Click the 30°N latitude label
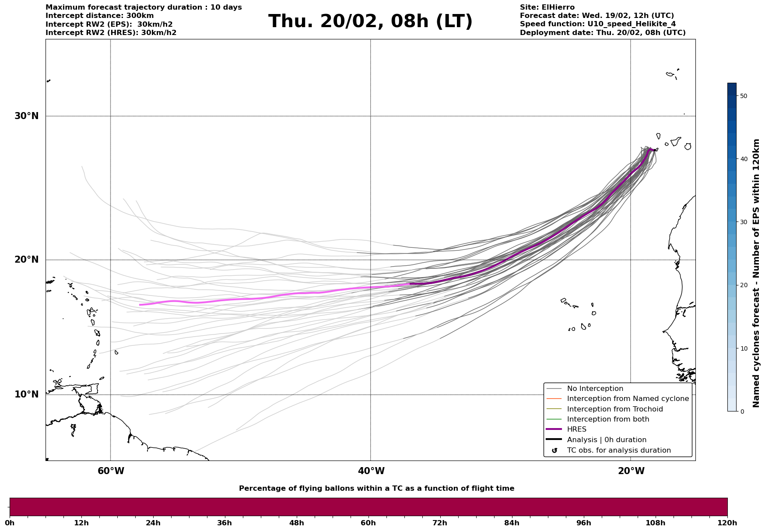tap(26, 116)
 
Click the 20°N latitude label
tap(26, 260)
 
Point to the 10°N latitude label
tap(26, 394)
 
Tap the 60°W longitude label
tap(111, 471)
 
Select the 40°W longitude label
tap(371, 471)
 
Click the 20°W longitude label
tap(631, 471)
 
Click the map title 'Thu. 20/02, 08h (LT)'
tap(370, 21)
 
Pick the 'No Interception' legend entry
tap(595, 389)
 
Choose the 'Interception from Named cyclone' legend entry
tap(628, 399)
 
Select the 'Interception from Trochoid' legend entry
tap(614, 409)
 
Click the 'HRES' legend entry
tap(576, 429)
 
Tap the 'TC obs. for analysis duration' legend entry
tap(618, 450)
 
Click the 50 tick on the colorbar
tap(743, 96)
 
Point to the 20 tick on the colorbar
tap(743, 285)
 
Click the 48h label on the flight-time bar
tap(296, 523)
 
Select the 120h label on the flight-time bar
tap(727, 523)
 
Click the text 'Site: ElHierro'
tap(547, 7)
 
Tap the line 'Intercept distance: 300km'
tap(100, 16)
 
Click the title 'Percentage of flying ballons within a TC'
tap(376, 489)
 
